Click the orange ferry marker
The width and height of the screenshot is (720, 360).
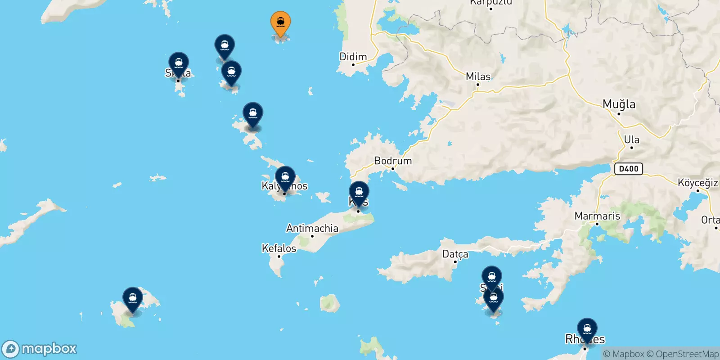tap(280, 23)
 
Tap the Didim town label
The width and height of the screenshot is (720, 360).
tap(353, 57)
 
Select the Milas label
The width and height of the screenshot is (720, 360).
tap(478, 76)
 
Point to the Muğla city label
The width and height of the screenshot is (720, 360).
tap(619, 104)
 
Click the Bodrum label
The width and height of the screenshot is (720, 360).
tap(393, 161)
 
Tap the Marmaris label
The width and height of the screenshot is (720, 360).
tap(597, 216)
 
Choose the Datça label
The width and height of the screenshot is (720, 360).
tap(455, 254)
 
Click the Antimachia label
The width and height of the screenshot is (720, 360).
tap(312, 228)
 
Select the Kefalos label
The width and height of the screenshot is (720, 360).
tap(279, 248)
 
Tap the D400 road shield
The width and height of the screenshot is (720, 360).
tap(629, 169)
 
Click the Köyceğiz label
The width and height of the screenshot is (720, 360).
tap(697, 183)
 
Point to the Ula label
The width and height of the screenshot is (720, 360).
tap(631, 139)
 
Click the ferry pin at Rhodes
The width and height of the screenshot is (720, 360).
tap(587, 329)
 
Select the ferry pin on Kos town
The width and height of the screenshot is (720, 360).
tap(359, 193)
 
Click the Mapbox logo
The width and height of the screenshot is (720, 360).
tap(40, 349)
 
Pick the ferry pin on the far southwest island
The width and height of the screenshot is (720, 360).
tap(133, 298)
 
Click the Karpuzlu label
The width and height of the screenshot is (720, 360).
tap(490, 3)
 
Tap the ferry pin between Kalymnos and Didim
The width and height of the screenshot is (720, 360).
tap(253, 113)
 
